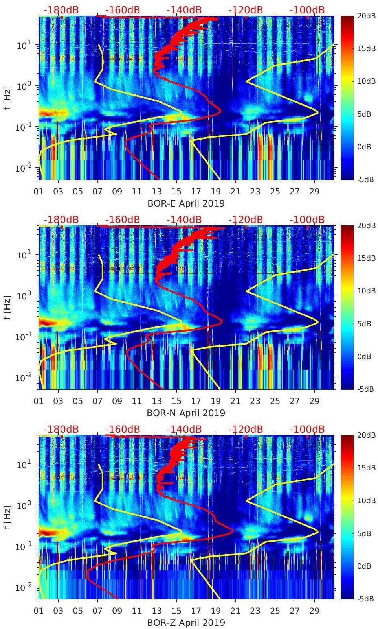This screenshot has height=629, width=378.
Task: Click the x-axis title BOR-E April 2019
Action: pyautogui.click(x=186, y=203)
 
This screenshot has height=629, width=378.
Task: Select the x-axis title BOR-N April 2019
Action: pyautogui.click(x=186, y=413)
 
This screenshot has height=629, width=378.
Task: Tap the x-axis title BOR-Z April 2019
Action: pyautogui.click(x=186, y=623)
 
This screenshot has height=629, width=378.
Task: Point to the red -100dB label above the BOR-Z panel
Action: pyautogui.click(x=307, y=429)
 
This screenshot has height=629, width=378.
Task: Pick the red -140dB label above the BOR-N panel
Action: pyautogui.click(x=184, y=220)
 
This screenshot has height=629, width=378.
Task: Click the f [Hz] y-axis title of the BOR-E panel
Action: pyautogui.click(x=8, y=98)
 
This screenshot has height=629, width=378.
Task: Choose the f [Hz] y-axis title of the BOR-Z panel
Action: pyautogui.click(x=8, y=517)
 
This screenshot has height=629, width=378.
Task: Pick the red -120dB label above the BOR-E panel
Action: pyautogui.click(x=246, y=10)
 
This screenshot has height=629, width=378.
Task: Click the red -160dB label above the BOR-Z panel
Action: pyautogui.click(x=123, y=429)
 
